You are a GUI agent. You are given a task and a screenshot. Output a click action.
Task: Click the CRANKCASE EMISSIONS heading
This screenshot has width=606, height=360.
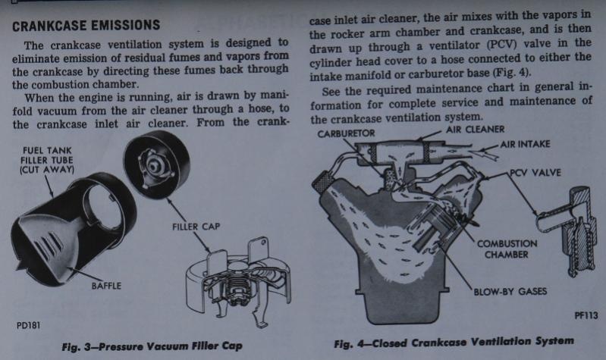[86, 26]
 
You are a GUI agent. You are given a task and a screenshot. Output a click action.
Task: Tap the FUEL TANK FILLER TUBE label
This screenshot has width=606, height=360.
[47, 160]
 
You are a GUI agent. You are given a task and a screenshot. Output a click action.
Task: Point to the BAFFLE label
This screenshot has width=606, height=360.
[106, 286]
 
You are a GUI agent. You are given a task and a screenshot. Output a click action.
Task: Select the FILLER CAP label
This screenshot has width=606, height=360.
[196, 227]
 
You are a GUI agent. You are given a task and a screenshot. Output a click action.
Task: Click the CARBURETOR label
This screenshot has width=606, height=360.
[347, 133]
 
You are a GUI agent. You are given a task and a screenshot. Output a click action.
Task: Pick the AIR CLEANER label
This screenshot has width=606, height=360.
[476, 130]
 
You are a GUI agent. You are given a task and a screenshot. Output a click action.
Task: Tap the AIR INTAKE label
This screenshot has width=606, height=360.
[525, 144]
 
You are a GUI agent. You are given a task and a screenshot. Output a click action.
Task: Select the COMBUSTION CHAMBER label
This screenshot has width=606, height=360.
[507, 249]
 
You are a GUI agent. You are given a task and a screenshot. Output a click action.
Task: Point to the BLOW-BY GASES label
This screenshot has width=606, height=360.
[510, 291]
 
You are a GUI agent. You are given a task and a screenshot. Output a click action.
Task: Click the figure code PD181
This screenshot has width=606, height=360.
[28, 326]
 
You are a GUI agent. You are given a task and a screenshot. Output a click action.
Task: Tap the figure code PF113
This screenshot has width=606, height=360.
[586, 315]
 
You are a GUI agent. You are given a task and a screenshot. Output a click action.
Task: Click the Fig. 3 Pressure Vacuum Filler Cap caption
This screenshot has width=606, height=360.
[152, 346]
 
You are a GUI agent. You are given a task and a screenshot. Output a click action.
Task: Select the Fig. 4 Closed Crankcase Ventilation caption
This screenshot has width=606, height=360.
[454, 343]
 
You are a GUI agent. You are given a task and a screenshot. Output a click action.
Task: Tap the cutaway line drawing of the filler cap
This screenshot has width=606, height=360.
[237, 280]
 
